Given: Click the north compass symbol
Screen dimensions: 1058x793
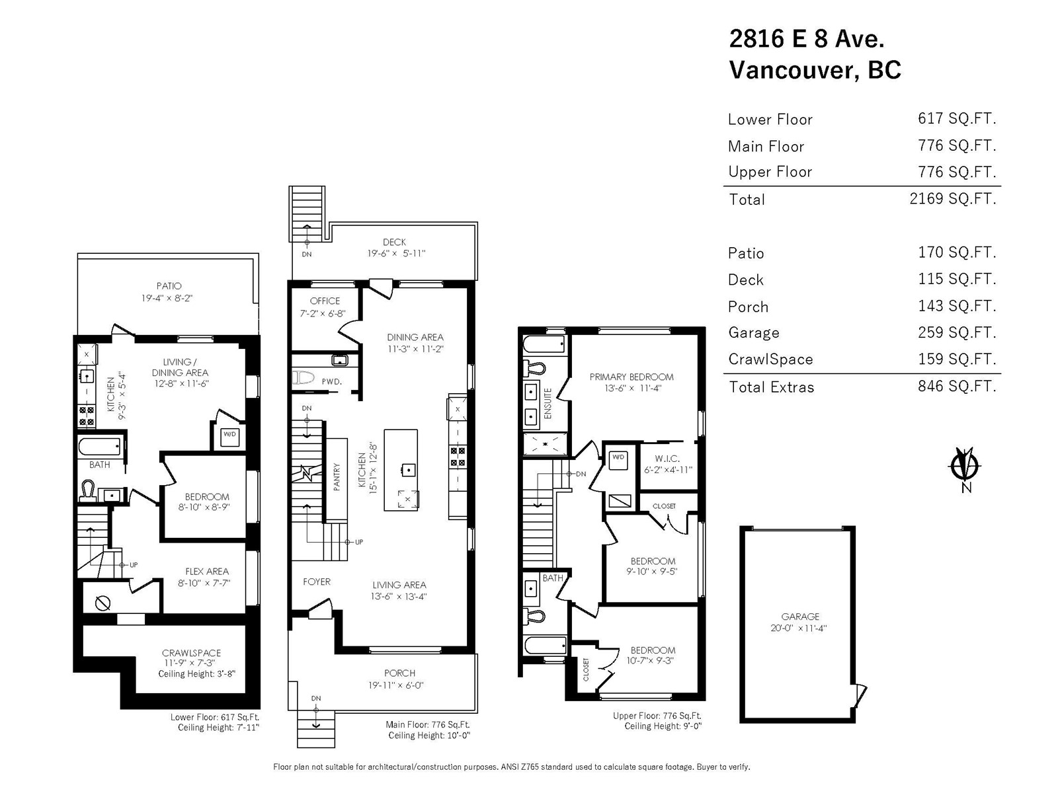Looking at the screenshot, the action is pos(965,466).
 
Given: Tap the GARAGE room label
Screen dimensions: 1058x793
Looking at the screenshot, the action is pos(800,617).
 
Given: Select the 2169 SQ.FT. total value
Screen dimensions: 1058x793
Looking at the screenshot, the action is pos(952,198).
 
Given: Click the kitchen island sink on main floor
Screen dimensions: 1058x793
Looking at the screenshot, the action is pos(409,469).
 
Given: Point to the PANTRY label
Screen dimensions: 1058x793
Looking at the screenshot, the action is pos(337,476).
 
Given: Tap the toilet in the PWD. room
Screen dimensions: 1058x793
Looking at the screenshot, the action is pos(303,377).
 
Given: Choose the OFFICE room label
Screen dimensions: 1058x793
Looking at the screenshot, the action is pos(325,301).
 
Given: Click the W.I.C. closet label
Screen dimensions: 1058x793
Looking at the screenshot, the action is pos(667,459).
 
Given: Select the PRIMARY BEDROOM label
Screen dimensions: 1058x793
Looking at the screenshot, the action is pos(631,377).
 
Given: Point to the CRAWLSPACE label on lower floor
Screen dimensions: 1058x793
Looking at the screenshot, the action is pos(191,653).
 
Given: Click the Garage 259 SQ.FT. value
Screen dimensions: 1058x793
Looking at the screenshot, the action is pos(957,332).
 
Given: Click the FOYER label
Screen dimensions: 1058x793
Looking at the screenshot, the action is pos(317,582).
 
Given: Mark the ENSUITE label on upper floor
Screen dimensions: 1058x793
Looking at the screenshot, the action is pos(548,403).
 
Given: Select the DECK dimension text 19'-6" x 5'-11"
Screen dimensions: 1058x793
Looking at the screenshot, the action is pos(396,253).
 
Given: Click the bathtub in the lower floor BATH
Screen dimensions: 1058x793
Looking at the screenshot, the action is pos(100,446).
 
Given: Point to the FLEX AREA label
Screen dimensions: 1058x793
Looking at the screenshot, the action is pos(207,572).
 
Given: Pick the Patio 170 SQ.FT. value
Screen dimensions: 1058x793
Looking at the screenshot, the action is pos(957,252).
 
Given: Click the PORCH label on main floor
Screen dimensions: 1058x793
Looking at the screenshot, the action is pos(399,673).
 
